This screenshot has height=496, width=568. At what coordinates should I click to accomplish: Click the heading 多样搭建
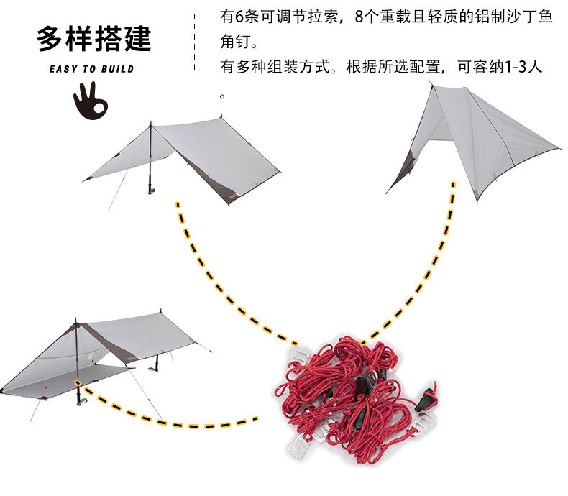[x=93, y=38]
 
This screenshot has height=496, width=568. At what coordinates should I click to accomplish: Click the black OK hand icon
[x=90, y=101]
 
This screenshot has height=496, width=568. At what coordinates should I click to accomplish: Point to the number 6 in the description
[x=240, y=17]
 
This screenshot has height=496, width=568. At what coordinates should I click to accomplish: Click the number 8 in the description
[x=359, y=17]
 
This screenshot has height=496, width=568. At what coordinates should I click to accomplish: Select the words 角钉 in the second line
[x=235, y=42]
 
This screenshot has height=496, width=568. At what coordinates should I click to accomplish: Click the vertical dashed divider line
[x=195, y=42]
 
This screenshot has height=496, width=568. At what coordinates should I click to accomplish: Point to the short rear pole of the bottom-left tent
[x=157, y=363]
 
